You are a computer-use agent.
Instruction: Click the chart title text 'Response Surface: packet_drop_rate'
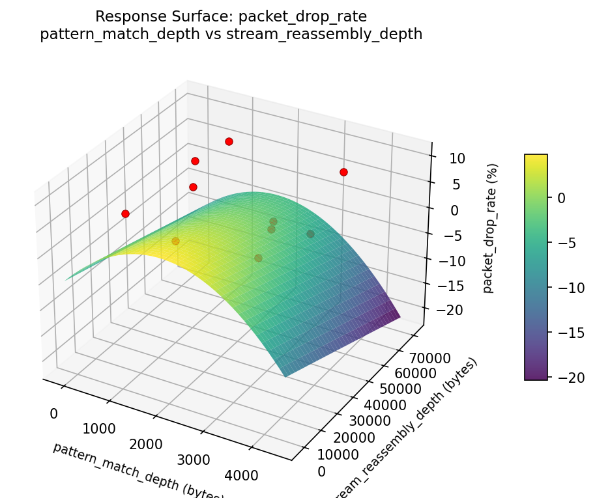click(231, 16)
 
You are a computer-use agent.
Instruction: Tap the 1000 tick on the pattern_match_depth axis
click(99, 429)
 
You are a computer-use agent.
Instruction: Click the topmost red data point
click(229, 141)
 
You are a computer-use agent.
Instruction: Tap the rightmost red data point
click(343, 172)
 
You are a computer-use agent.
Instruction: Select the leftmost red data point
click(125, 214)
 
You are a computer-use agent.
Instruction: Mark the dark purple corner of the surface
click(394, 316)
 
